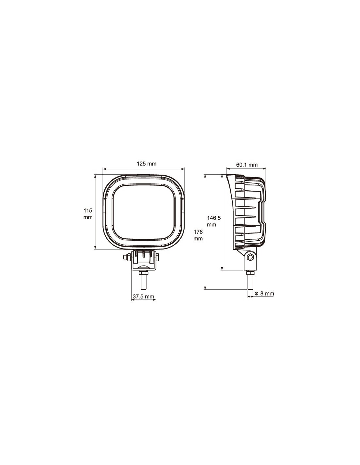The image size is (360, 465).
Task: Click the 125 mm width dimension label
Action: [x=147, y=164]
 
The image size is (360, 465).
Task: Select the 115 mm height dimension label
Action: [x=88, y=214]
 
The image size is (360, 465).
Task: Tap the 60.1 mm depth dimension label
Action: [x=247, y=165]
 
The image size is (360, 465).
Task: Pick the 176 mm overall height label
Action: [x=198, y=235]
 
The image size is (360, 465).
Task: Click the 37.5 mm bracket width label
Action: [x=143, y=297]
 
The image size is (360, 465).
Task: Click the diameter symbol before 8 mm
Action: [x=257, y=293]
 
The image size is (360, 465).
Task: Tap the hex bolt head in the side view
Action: [x=250, y=257]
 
